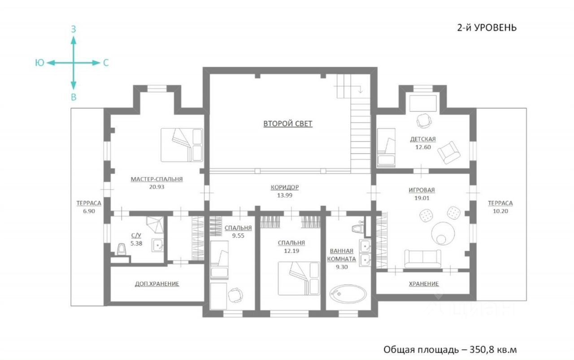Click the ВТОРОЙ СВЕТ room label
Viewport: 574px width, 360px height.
click(x=288, y=124)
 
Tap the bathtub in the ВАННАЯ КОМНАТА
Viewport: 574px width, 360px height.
click(x=348, y=294)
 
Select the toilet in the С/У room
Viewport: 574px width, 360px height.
click(x=122, y=250)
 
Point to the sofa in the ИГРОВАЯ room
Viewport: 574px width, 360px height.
click(x=422, y=259)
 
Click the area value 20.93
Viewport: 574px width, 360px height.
click(x=157, y=187)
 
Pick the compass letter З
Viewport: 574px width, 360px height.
click(x=74, y=30)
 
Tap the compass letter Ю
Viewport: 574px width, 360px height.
click(x=40, y=63)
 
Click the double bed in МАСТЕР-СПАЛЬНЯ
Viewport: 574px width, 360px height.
click(x=182, y=145)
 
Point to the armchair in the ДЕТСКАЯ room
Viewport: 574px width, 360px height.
click(x=449, y=152)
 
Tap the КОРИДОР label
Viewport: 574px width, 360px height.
click(x=285, y=187)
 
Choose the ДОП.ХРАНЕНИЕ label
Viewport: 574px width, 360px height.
click(x=157, y=284)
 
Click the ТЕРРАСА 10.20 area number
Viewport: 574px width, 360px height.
click(x=500, y=211)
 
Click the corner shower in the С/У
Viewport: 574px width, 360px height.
click(x=155, y=225)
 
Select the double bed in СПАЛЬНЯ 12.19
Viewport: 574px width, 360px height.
click(x=299, y=278)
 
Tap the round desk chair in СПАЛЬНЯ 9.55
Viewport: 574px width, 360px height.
click(x=235, y=295)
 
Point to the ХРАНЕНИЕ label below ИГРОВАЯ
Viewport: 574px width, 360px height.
click(x=424, y=284)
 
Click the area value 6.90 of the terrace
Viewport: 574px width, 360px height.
click(x=89, y=211)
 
